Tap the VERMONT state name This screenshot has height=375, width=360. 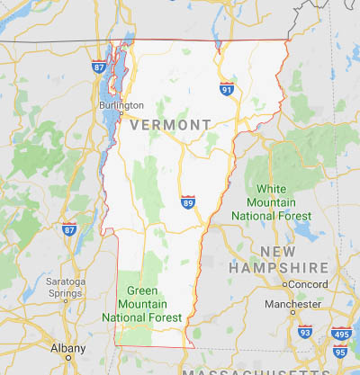pos(170,125)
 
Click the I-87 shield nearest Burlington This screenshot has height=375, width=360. pos(98,67)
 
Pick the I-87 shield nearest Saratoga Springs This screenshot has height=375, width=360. pos(69,230)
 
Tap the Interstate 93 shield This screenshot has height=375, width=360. pos(305,332)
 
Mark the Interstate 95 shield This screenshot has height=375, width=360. pos(339,350)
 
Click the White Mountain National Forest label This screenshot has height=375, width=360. pos(271,202)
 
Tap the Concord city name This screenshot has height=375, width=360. pos(308,284)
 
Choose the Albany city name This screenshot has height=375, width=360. pos(67,347)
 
